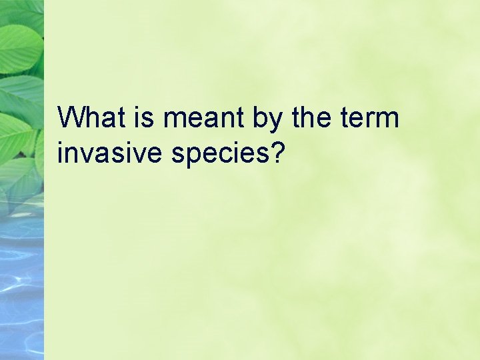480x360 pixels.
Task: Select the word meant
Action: pyautogui.click(x=203, y=119)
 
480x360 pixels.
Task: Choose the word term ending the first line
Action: pyautogui.click(x=370, y=119)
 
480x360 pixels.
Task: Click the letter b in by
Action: pyautogui.click(x=261, y=119)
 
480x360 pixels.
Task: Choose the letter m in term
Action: pyautogui.click(x=387, y=121)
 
